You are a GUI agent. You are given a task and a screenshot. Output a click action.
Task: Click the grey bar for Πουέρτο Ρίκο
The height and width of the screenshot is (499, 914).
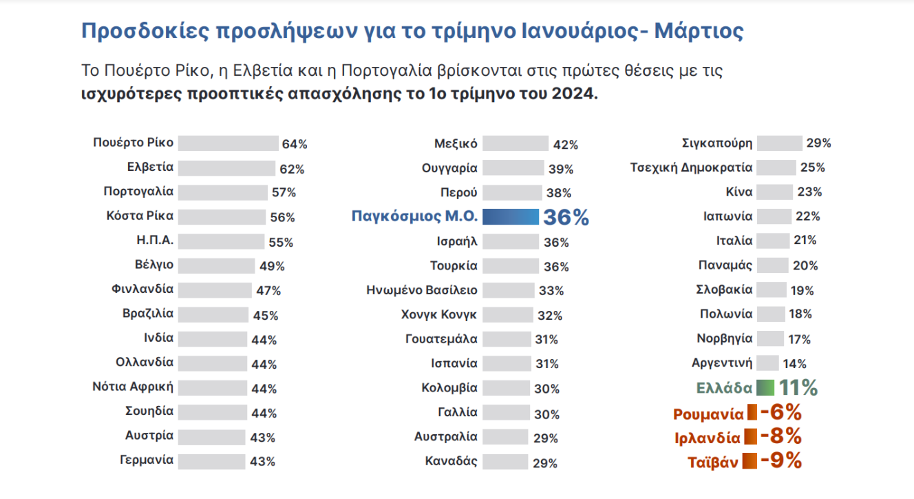228,143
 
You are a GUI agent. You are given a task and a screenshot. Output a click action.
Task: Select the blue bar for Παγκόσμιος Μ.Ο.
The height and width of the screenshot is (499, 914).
511,216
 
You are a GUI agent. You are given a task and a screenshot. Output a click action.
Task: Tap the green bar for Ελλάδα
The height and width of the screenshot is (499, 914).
765,387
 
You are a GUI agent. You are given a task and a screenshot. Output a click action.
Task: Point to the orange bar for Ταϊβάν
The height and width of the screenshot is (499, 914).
750,461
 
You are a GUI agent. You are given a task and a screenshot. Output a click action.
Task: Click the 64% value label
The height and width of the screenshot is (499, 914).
295,144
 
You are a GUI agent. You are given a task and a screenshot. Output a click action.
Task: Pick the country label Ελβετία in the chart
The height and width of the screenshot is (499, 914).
150,167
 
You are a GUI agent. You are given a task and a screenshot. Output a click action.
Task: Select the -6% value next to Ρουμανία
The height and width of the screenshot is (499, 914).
781,412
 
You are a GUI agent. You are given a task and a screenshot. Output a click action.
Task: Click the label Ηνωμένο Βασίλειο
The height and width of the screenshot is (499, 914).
422,290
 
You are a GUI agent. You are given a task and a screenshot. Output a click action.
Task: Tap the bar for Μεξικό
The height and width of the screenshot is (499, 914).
516,143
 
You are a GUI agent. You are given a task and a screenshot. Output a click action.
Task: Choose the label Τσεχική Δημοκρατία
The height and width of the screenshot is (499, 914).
691,167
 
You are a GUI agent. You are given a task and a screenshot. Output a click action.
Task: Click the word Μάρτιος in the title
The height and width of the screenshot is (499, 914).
699,31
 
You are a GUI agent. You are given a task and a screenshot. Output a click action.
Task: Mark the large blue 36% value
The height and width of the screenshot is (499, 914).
566,217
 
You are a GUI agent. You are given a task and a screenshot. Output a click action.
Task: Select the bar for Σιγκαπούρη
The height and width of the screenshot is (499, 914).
780,143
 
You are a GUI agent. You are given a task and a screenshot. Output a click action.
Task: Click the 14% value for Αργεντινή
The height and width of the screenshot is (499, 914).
794,364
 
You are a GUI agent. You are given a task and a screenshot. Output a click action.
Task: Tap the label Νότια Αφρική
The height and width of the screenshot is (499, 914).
133,387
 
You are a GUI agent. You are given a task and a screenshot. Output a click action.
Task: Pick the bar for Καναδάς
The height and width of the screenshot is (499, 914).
505,462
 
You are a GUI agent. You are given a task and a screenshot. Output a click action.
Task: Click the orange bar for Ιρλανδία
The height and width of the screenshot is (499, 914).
751,436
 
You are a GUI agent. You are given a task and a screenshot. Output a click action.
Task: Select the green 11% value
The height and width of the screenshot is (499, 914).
798,387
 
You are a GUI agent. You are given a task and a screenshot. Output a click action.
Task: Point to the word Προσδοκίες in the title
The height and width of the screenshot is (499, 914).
145,32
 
